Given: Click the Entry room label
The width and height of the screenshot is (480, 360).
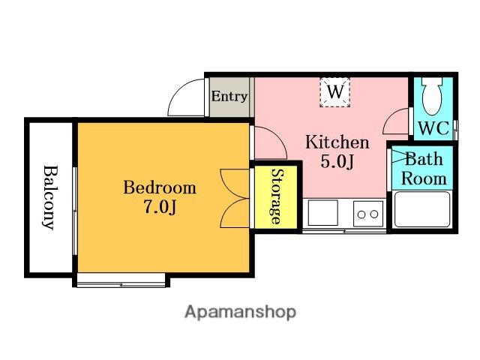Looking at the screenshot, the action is coord(229,97).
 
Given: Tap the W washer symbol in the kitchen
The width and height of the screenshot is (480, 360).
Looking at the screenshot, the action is coord(335,92).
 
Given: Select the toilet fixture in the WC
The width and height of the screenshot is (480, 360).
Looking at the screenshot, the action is coord(432,95).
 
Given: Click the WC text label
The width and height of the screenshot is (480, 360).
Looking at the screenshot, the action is coord(433,128).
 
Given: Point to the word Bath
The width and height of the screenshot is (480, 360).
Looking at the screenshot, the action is coord(424,159).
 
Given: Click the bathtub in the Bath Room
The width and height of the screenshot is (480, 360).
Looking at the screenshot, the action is coord(422,209).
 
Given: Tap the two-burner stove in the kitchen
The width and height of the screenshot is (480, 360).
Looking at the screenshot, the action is coord(368,214).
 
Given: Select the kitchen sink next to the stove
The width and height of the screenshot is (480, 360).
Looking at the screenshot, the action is coord(323,213).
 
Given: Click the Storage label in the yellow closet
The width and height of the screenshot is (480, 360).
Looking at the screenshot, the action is coord(277,196).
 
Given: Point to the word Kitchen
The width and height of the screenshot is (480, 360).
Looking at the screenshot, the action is coord(337,142).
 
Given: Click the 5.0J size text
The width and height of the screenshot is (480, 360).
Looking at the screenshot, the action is coord(337,161).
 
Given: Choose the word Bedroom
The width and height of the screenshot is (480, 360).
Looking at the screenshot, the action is coord(160,187).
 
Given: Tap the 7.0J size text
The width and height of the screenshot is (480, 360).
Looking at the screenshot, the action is coord(160,207).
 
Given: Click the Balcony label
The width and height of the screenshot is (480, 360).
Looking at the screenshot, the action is coord(50,197).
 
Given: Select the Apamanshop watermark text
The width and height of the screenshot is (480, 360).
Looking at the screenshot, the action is coord(241,312).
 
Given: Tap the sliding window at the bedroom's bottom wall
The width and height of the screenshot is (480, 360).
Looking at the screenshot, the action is coord(121,285).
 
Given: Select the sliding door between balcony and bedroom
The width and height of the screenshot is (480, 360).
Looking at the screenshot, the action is coord(74,211).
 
